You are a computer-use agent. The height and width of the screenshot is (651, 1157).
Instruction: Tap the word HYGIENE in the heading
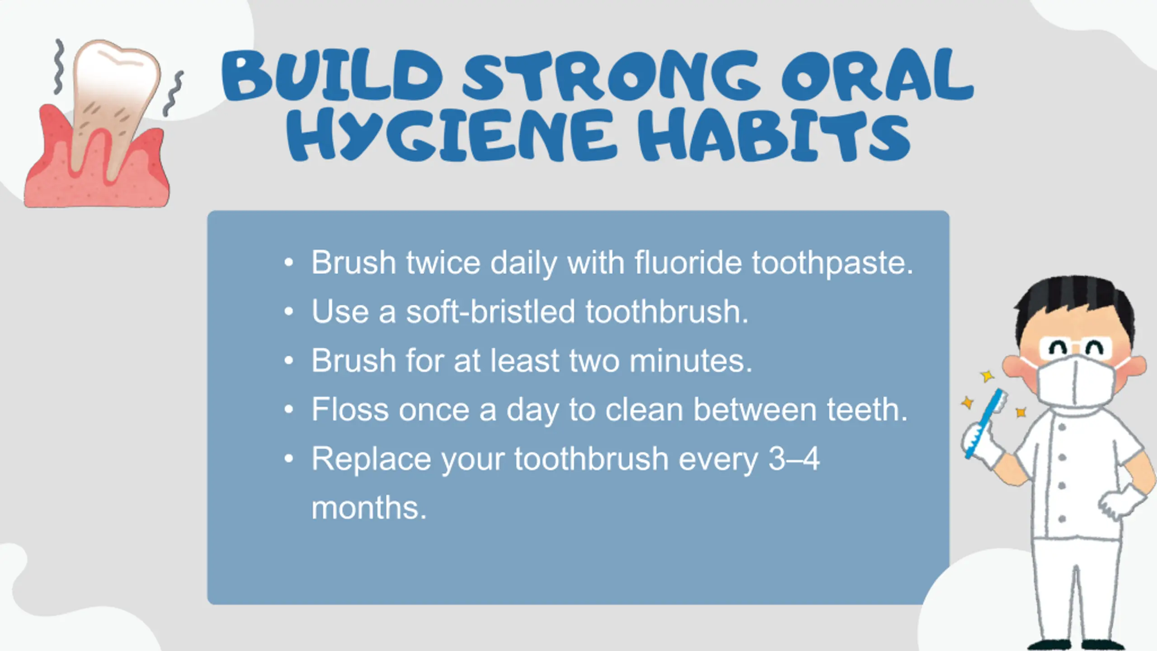[452, 134]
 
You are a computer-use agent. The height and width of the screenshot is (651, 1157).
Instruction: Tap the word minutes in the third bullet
[691, 361]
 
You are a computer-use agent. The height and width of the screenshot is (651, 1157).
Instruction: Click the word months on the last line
[369, 508]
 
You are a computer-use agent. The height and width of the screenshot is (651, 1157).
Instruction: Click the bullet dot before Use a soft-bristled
[289, 311]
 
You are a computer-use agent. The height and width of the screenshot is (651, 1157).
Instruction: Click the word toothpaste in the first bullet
[832, 263]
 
